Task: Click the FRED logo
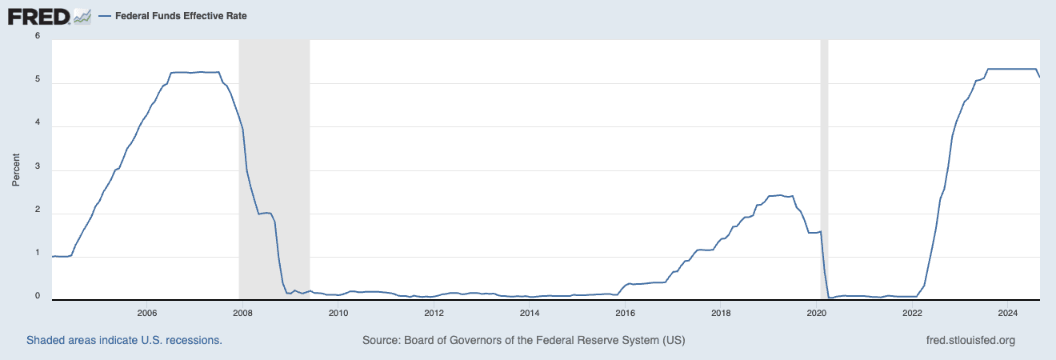[x=38, y=15]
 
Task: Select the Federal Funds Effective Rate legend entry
[x=179, y=15]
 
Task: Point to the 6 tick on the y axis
[x=38, y=36]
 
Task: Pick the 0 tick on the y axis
[x=38, y=296]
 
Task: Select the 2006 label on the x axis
[x=146, y=312]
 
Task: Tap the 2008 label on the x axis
[x=242, y=312]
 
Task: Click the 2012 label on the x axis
[x=434, y=312]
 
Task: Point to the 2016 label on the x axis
[x=626, y=312]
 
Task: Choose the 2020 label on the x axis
[x=817, y=312]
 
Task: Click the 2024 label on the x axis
[x=1008, y=312]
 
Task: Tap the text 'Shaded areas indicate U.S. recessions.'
[x=124, y=340]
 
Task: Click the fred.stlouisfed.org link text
[x=970, y=340]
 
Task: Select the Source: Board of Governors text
[x=523, y=340]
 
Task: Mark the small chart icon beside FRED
[x=82, y=15]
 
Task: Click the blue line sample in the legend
[x=105, y=15]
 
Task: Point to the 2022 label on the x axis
[x=912, y=312]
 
